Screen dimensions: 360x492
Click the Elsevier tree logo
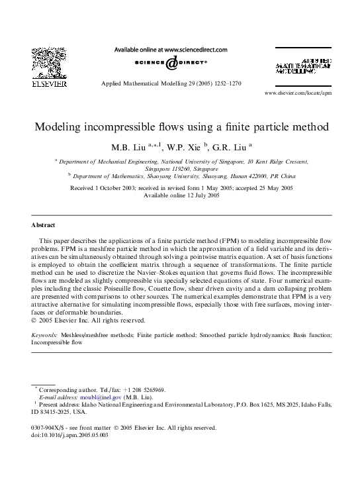point(29,65)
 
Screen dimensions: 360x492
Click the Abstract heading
point(44,224)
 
